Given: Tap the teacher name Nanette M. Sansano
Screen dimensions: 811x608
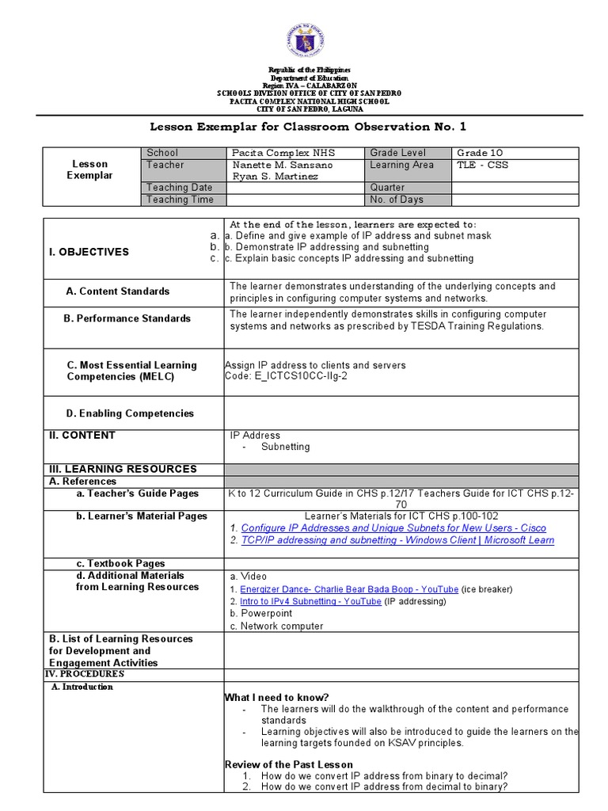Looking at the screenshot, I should (x=271, y=165).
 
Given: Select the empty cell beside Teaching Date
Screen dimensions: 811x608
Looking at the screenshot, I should (x=293, y=188).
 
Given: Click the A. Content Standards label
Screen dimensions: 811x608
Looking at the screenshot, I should (x=118, y=291).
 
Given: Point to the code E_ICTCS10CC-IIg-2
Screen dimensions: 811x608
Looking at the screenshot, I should (x=286, y=376).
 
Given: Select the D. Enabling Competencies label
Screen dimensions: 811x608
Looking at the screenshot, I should (x=130, y=413).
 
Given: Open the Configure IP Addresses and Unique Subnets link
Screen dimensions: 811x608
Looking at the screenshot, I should (x=393, y=528).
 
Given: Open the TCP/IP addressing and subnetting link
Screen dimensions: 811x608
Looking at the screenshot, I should (x=397, y=540).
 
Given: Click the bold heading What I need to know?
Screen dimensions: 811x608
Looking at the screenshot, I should (x=276, y=697).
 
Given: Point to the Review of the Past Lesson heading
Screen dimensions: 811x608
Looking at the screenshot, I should (x=289, y=765).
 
